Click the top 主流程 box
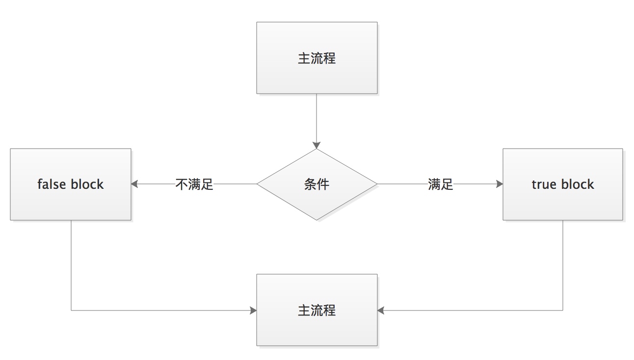pos(317,58)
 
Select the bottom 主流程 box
pos(317,310)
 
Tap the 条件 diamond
pos(317,184)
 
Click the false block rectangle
pos(71,184)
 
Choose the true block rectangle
pos(563,184)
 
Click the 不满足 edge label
pos(194,184)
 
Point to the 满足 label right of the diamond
pos(440,184)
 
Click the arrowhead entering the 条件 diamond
pos(317,145)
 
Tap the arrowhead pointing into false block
pos(135,184)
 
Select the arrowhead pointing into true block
pos(499,184)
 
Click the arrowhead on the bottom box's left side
pos(253,310)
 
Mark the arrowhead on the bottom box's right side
pos(381,310)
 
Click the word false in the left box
pos(52,184)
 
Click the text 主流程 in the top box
pos(317,58)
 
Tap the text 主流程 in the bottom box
pos(317,310)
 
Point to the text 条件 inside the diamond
pos(317,184)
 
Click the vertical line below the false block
pos(71,265)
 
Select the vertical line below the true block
pos(563,265)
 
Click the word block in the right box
pos(578,184)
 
